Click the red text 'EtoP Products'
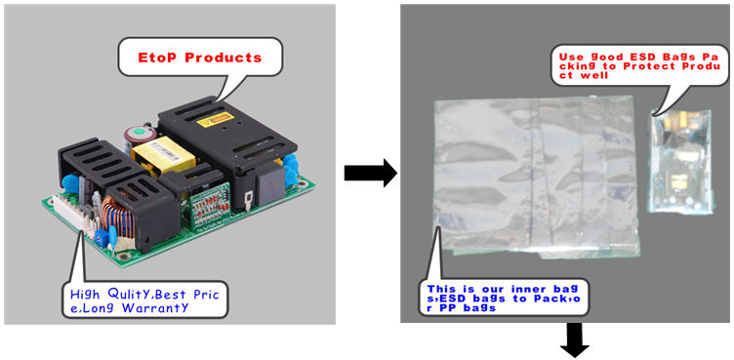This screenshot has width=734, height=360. click(x=199, y=58)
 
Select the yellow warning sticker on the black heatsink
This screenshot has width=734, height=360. click(x=215, y=120)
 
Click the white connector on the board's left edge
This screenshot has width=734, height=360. click(x=71, y=212)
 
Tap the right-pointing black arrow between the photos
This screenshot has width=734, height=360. click(x=370, y=173)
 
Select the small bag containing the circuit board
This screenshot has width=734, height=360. click(x=681, y=162)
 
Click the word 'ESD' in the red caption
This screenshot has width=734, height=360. click(x=630, y=58)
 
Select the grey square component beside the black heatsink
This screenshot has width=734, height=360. click(x=269, y=184)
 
